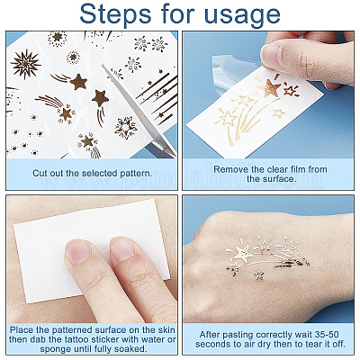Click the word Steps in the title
[x=115, y=14]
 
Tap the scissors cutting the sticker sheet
[x=138, y=110]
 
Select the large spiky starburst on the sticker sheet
[x=25, y=64]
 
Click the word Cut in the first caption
[x=40, y=173]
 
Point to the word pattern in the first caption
[x=135, y=174]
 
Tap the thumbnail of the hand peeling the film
[x=272, y=55]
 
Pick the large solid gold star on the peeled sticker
[x=270, y=87]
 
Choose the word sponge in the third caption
[x=56, y=349]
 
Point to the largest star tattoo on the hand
[x=243, y=253]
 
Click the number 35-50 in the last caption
[x=328, y=334]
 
